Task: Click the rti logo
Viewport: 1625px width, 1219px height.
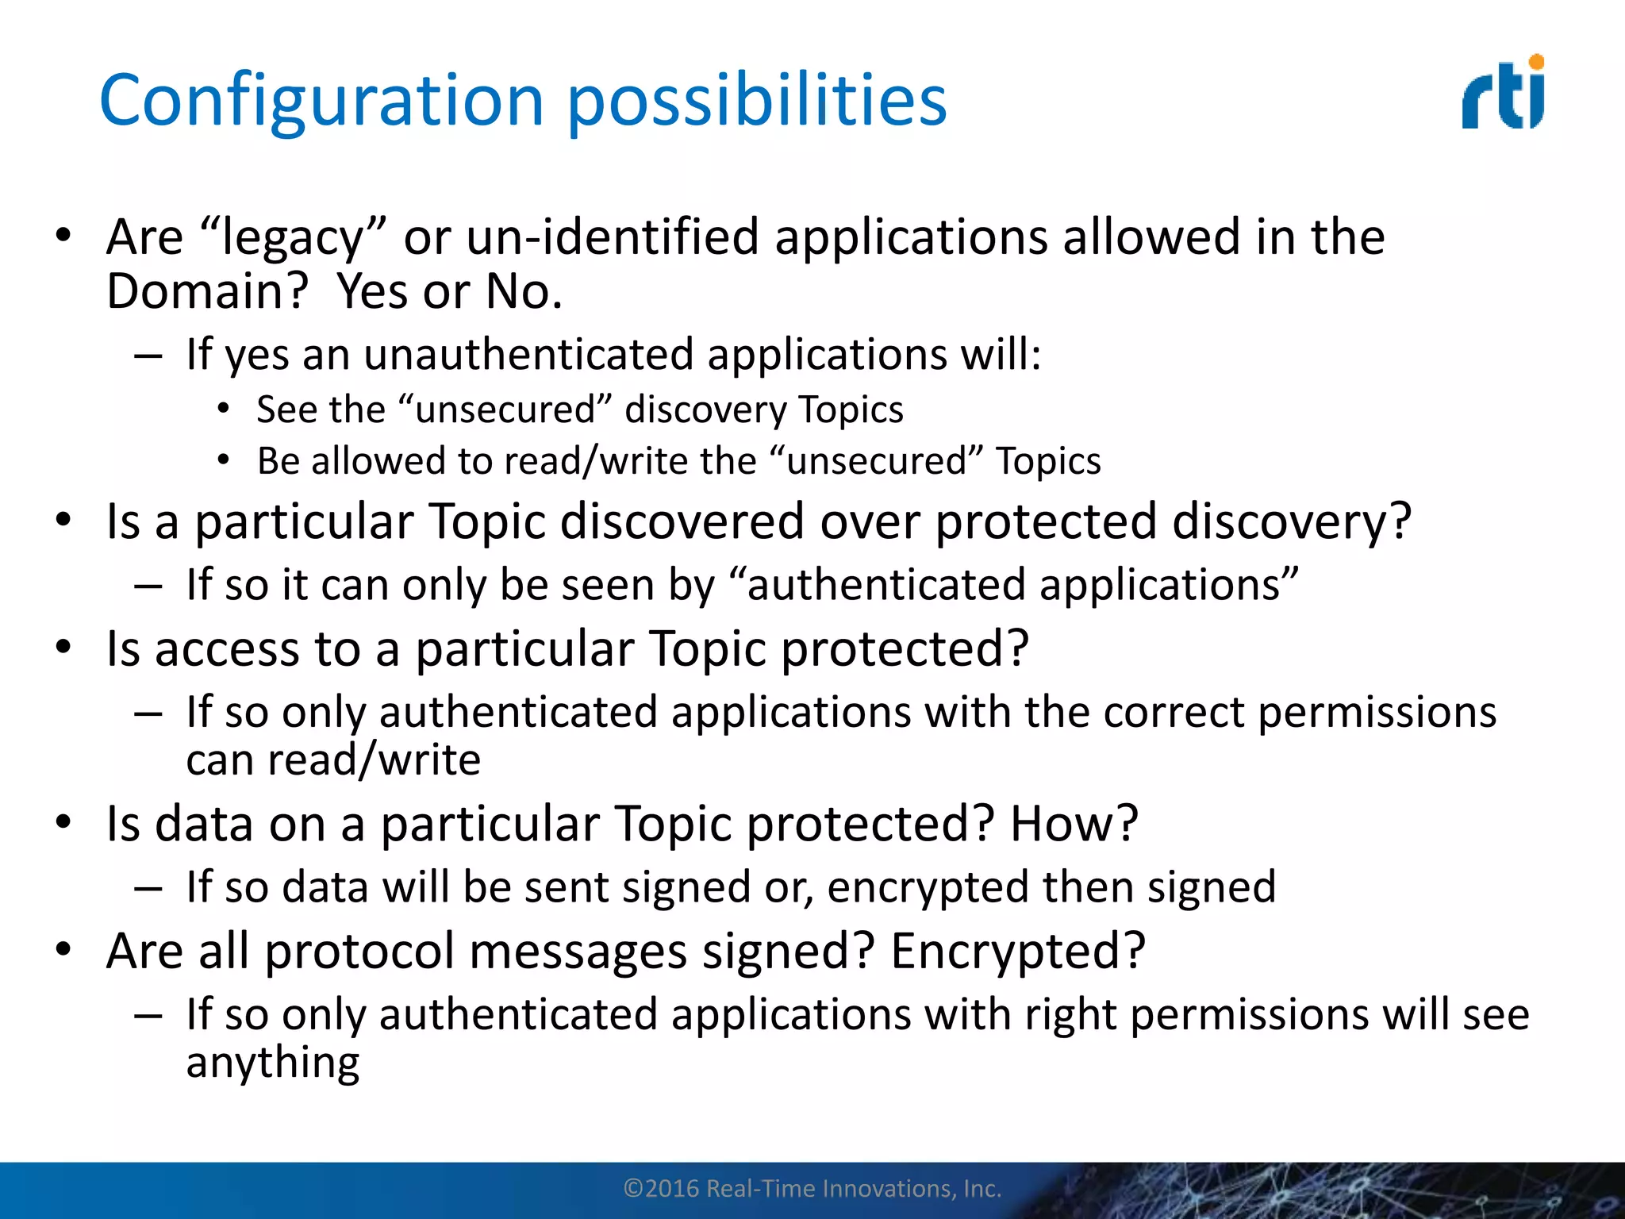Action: pos(1503,94)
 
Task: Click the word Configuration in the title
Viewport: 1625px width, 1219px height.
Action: pos(321,101)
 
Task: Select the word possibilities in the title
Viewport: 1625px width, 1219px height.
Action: pos(757,101)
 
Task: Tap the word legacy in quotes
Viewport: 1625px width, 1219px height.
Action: pos(293,238)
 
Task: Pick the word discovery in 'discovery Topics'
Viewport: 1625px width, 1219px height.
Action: pos(705,410)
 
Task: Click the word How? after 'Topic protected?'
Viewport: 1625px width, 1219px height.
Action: pos(1074,823)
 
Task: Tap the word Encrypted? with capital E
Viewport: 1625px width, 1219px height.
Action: pos(1018,951)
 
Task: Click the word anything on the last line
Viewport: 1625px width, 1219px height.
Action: pos(273,1063)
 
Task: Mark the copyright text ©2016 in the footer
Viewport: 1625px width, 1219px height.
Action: pos(663,1189)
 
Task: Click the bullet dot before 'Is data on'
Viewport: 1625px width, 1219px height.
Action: pos(63,822)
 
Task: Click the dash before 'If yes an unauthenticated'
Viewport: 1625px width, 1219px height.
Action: pos(148,356)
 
